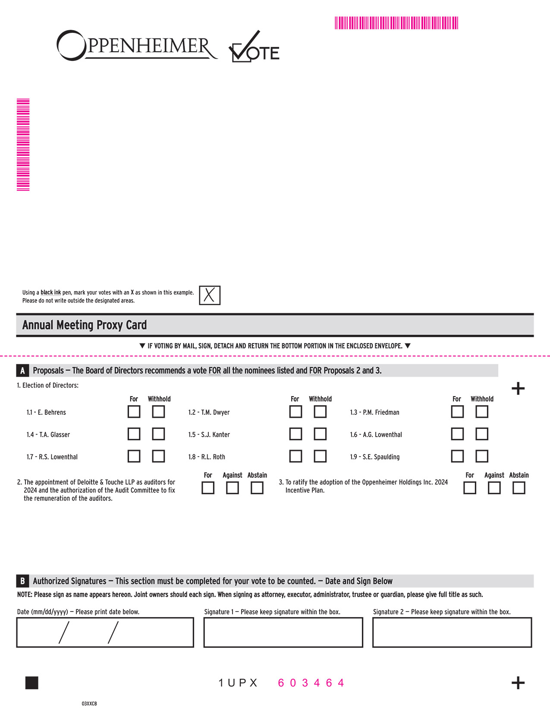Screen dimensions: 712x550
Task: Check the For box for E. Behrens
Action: click(x=134, y=412)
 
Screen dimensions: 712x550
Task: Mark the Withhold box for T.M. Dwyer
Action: click(x=320, y=412)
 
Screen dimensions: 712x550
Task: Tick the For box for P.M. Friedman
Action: click(x=457, y=412)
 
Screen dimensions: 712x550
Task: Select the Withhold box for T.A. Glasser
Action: click(x=158, y=434)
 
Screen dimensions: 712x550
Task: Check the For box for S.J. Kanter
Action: click(x=295, y=434)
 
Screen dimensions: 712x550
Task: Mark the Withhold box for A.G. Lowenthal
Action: click(x=482, y=434)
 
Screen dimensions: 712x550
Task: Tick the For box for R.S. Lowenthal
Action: click(x=134, y=456)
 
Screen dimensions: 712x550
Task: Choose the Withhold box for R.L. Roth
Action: click(x=320, y=456)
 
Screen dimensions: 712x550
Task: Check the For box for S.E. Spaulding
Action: click(x=457, y=456)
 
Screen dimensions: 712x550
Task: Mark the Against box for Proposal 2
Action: click(x=233, y=488)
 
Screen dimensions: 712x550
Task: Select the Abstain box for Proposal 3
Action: click(x=519, y=488)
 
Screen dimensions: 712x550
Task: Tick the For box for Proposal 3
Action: click(x=470, y=488)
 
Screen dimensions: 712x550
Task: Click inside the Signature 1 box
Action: click(x=283, y=633)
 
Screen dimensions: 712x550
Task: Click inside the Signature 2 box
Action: click(x=452, y=633)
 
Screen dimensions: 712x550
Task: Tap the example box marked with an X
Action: click(x=210, y=296)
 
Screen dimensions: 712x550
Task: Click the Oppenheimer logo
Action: click(x=137, y=46)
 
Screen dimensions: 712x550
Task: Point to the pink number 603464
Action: click(x=311, y=683)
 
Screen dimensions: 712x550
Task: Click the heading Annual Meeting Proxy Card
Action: click(x=85, y=325)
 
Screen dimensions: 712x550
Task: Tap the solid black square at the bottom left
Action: click(x=32, y=683)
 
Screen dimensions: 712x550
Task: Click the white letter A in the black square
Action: click(x=22, y=371)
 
